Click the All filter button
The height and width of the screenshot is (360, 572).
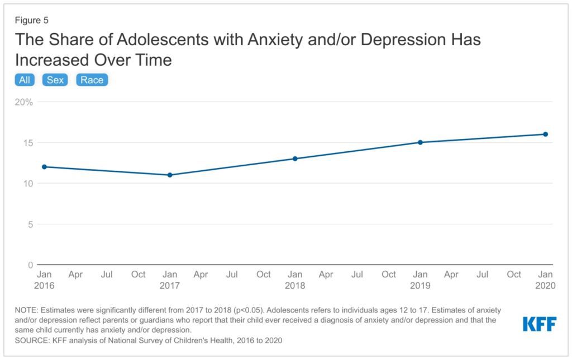click(25, 80)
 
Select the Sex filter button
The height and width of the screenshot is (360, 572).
click(55, 80)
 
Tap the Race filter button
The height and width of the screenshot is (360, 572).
click(92, 80)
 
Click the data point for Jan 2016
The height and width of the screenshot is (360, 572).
click(44, 167)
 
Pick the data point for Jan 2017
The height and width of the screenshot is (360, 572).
click(170, 175)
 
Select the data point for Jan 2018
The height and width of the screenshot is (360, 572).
click(295, 159)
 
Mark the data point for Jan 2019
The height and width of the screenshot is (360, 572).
click(420, 142)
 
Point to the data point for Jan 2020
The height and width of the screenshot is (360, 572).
click(545, 134)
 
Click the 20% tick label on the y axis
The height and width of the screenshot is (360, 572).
click(24, 102)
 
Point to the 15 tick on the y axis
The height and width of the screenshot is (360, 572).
click(27, 143)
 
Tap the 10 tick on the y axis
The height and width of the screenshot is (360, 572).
click(27, 184)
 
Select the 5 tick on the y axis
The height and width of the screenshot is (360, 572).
click(30, 224)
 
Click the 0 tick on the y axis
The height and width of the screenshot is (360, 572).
click(30, 265)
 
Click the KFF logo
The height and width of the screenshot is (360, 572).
click(539, 324)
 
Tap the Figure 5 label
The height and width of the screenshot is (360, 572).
click(32, 21)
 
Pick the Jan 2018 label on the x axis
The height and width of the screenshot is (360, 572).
click(295, 280)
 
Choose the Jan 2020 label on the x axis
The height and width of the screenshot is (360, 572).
click(545, 280)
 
